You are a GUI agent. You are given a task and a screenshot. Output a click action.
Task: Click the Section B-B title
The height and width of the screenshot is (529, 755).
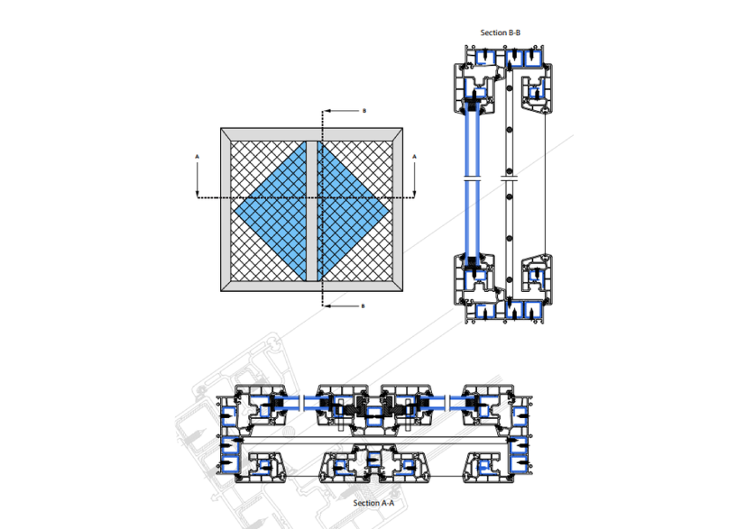[501, 32]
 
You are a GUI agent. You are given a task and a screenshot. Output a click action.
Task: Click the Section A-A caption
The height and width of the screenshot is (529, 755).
[373, 503]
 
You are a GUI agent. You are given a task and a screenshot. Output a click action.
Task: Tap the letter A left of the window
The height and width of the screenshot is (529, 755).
[197, 156]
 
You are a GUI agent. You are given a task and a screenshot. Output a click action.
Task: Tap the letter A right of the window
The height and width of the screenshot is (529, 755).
[415, 156]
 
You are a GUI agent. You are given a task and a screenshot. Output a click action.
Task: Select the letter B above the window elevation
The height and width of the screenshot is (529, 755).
[364, 111]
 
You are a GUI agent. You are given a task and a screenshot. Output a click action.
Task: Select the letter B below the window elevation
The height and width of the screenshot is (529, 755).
[363, 306]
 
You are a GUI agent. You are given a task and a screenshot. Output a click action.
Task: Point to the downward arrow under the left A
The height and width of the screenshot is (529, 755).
[197, 179]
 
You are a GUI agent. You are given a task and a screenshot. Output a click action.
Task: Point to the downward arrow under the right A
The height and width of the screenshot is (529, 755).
[415, 179]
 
